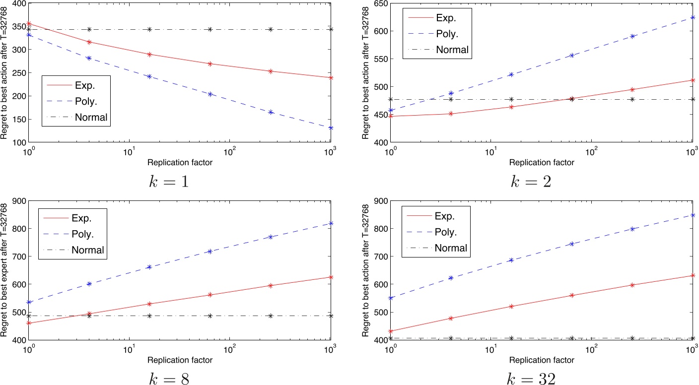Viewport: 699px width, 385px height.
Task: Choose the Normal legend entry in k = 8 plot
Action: click(x=89, y=250)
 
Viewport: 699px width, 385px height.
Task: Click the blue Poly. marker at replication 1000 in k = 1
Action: click(x=331, y=128)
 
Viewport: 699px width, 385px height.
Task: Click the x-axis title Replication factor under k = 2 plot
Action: click(x=542, y=163)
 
